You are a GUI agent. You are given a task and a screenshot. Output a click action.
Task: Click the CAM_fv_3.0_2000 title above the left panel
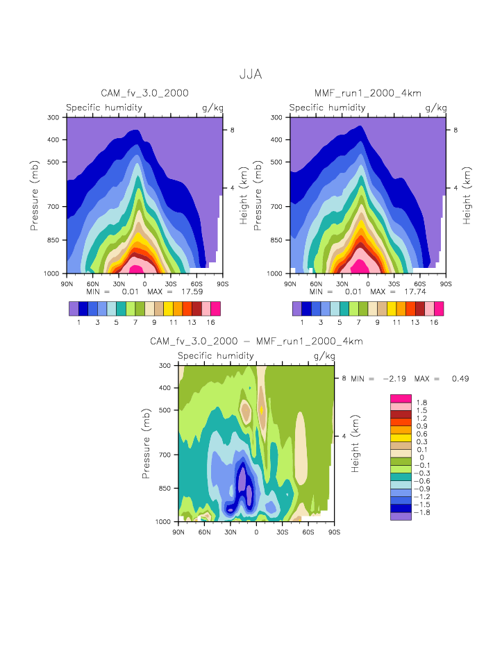click(x=144, y=93)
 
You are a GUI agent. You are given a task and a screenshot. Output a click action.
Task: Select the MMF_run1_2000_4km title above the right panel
click(x=368, y=93)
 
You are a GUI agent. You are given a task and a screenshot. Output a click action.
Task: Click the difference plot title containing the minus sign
click(x=256, y=342)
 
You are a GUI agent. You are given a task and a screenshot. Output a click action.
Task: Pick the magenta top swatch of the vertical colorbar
click(x=401, y=398)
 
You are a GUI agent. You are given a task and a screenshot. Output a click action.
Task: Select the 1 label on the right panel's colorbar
click(x=302, y=323)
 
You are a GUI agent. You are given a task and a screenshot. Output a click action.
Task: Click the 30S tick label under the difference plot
click(x=283, y=532)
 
